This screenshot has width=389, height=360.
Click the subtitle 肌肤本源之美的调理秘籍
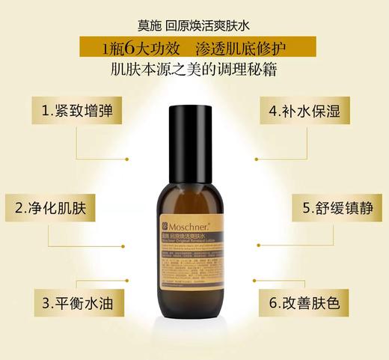pos(194,73)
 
